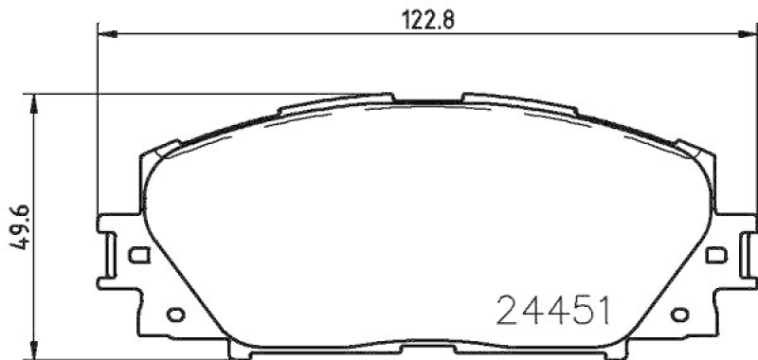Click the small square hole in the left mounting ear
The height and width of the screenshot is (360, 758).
[x=138, y=254]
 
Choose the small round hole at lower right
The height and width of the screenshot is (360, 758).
[x=680, y=315]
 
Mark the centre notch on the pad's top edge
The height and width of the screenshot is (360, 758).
[x=426, y=99]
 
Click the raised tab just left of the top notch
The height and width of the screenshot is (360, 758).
[x=374, y=97]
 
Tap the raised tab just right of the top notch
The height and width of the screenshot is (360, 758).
[x=478, y=97]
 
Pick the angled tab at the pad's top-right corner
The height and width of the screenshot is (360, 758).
[x=695, y=147]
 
